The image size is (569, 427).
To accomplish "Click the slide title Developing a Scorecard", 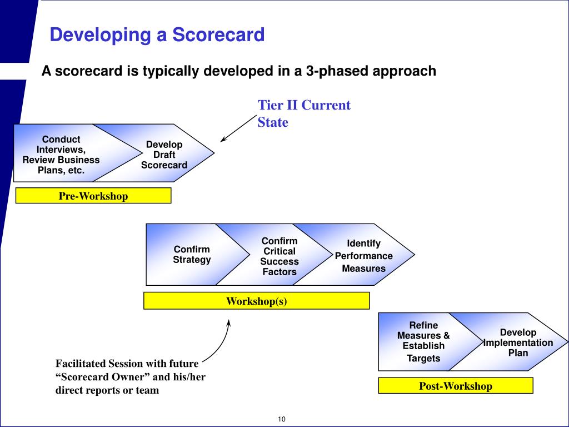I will click(157, 36).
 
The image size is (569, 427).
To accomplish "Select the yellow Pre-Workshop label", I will click(93, 196).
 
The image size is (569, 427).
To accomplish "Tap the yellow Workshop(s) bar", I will click(256, 301).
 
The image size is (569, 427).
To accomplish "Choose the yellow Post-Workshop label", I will click(455, 386).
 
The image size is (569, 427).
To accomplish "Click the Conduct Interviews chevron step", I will click(61, 155).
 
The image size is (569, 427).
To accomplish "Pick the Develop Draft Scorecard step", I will click(164, 155).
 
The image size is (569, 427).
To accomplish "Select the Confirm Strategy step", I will click(192, 255).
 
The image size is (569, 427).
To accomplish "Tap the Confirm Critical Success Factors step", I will click(279, 256).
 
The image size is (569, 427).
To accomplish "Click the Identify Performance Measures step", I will click(364, 256).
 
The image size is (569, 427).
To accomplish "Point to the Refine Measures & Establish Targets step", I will click(423, 341).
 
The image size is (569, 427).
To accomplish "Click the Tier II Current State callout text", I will click(303, 113).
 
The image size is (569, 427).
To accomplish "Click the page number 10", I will click(281, 419).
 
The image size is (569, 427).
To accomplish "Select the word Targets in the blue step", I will click(423, 358).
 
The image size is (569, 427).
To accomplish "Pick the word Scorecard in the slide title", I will click(218, 36).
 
